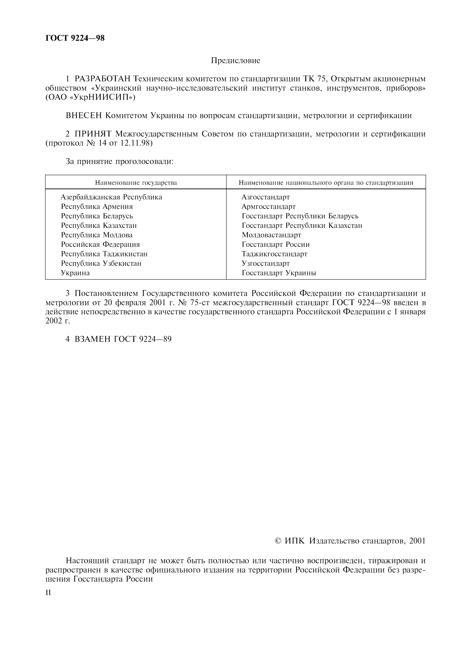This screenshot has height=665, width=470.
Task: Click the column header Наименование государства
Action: coord(136,183)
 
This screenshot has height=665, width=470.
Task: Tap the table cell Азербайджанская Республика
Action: coord(111,197)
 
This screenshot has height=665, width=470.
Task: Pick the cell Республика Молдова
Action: coord(97,235)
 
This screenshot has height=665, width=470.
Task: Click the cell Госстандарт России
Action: coord(275,245)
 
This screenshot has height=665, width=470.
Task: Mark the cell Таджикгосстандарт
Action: coord(274,254)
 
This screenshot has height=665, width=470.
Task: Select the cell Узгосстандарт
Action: coord(266,263)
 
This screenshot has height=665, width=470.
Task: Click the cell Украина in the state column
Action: coord(75,273)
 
